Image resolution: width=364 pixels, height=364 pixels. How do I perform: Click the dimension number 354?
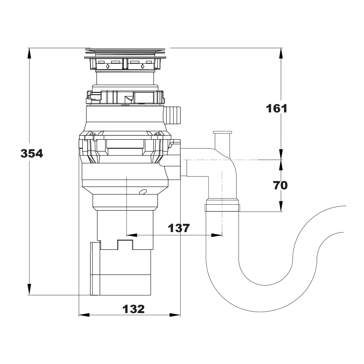(x=32, y=153)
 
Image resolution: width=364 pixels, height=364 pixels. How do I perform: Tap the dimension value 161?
(x=277, y=108)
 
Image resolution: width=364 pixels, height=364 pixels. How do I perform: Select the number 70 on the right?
(x=280, y=185)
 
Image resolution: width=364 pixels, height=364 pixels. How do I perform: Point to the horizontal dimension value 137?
(x=179, y=228)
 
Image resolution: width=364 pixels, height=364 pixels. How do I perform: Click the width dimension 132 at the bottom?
(x=133, y=309)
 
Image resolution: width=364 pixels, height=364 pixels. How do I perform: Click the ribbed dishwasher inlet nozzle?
(x=172, y=115)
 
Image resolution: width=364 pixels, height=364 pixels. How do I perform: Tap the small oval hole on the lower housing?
(x=143, y=192)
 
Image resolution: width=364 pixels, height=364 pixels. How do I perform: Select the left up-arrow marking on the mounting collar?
(x=107, y=66)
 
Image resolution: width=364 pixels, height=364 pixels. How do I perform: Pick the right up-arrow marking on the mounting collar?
(x=142, y=66)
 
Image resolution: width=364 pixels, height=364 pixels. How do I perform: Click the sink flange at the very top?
(x=125, y=50)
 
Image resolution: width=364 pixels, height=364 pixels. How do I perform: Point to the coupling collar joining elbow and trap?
(x=222, y=205)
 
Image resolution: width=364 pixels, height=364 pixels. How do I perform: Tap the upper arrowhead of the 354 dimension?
(x=29, y=54)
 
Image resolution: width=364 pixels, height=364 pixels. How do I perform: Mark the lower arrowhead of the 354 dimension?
(x=29, y=289)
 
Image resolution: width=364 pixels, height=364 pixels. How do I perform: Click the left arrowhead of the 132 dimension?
(x=85, y=315)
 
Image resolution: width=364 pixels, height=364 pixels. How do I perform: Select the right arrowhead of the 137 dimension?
(x=217, y=235)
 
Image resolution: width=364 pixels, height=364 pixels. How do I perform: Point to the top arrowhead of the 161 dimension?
(x=281, y=54)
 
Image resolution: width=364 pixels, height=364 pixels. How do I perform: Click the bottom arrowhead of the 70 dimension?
(x=281, y=206)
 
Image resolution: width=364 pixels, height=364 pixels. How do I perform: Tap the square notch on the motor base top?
(x=126, y=244)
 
